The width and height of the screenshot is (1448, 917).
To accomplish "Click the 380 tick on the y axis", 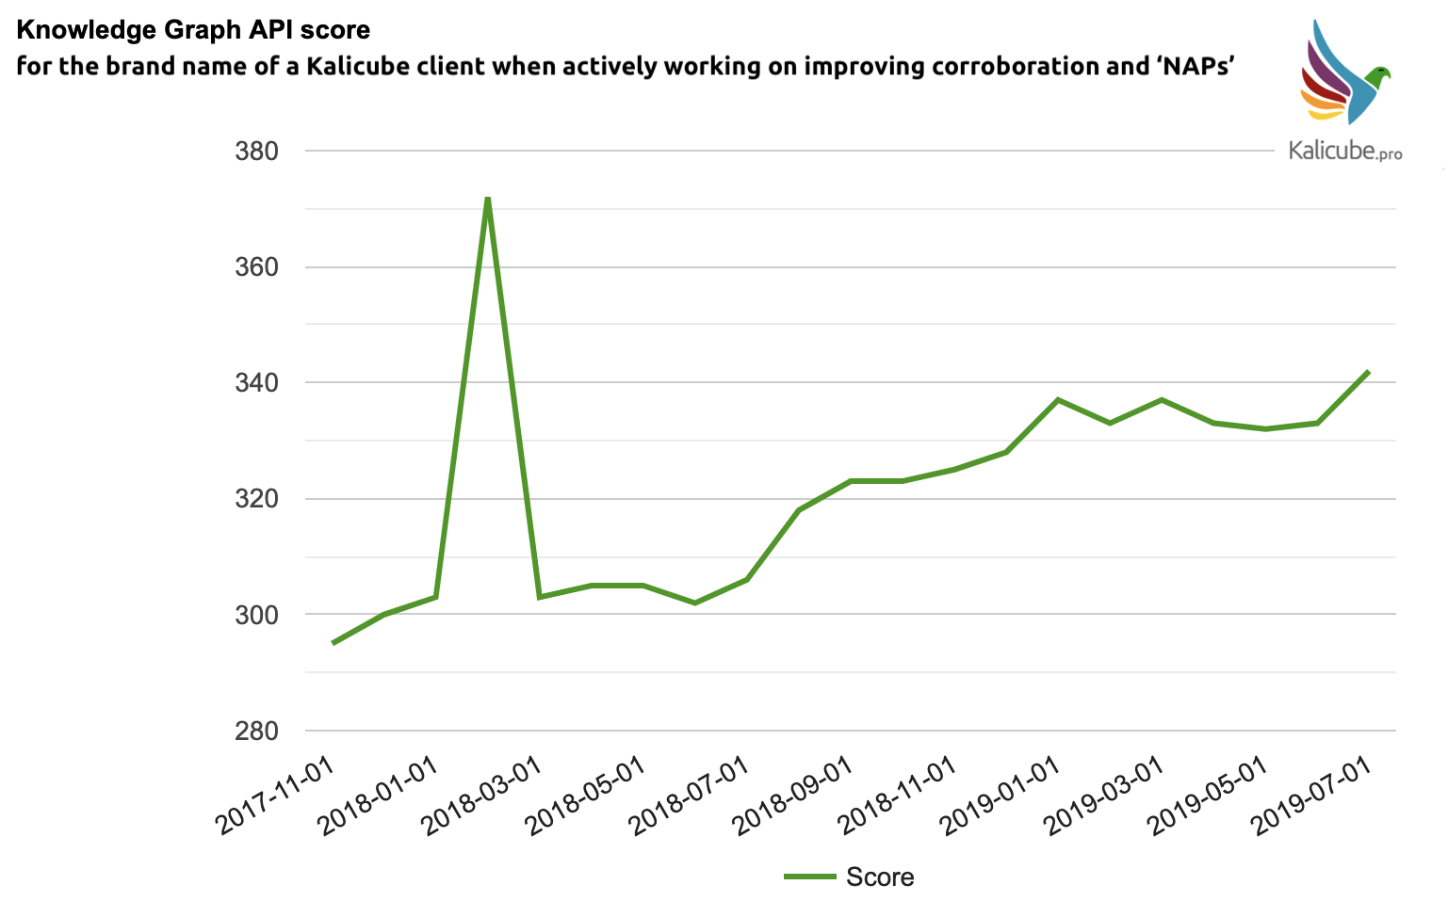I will (x=256, y=152).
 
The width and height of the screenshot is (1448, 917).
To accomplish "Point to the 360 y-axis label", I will (x=256, y=267).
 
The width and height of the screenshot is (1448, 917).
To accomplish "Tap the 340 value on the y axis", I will (x=256, y=383).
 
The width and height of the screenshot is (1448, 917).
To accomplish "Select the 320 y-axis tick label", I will (x=256, y=499).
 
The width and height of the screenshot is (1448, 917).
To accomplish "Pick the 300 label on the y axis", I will (x=256, y=615).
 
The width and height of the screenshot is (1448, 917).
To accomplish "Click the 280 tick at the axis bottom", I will (x=256, y=731).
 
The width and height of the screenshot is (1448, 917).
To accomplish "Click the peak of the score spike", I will (x=487, y=198).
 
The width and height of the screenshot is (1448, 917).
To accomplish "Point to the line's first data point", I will (x=333, y=643).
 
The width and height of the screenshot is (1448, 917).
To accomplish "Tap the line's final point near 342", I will (x=1368, y=372).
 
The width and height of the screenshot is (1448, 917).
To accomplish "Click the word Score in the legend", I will (x=880, y=877).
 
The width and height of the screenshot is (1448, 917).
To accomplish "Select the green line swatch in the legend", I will (x=810, y=877).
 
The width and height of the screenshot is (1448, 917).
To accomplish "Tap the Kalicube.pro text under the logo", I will (x=1344, y=151).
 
